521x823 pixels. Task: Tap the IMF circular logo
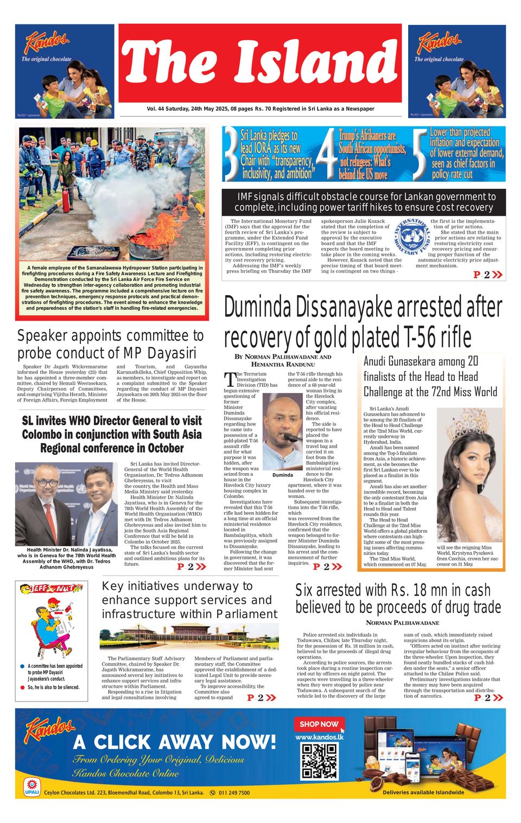click(x=412, y=237)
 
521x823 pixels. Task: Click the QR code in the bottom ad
click(x=319, y=761)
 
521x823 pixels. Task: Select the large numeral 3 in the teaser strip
click(x=232, y=154)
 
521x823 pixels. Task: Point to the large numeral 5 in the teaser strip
click(x=420, y=154)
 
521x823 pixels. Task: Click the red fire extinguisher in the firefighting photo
click(x=66, y=200)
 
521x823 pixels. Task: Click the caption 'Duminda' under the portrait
click(x=282, y=475)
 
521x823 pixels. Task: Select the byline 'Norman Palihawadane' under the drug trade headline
click(x=402, y=622)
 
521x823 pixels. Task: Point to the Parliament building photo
click(x=189, y=636)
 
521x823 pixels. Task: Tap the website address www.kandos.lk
click(x=319, y=737)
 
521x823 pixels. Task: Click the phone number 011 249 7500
click(x=234, y=793)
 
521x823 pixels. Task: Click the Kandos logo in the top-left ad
click(x=47, y=42)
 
